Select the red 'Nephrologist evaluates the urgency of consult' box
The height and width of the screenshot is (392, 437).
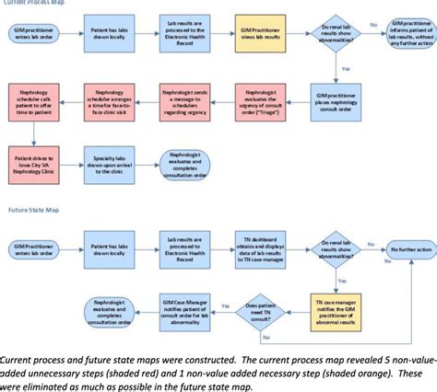(x=260, y=101)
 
